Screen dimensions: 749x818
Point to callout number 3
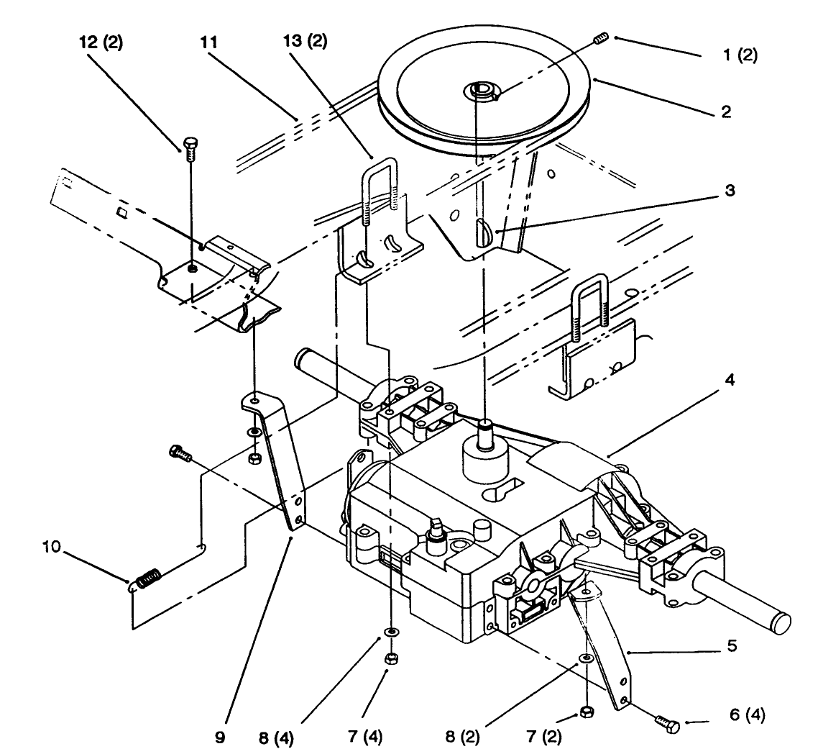click(x=730, y=193)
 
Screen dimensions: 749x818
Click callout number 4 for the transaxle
click(x=730, y=379)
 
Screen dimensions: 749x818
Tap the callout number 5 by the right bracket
click(x=732, y=646)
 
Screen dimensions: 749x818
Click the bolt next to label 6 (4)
click(x=668, y=724)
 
